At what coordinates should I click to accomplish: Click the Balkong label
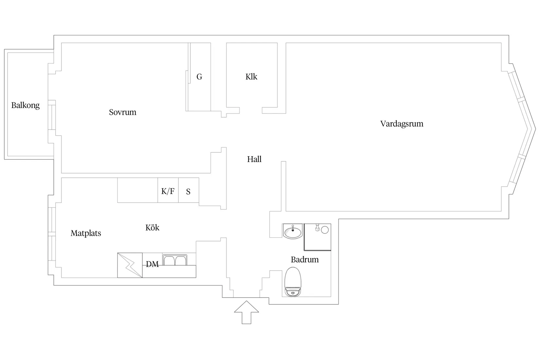[25, 105]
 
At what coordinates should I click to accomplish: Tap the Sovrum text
[122, 112]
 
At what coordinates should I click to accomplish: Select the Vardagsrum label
[402, 124]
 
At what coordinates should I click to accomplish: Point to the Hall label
[254, 159]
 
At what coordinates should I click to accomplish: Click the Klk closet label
[251, 77]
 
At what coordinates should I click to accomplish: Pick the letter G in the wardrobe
[199, 77]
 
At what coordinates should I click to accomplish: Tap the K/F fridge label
[168, 191]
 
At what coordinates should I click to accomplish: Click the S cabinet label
[188, 192]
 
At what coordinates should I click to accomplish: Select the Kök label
[152, 228]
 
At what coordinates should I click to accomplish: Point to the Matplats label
[86, 233]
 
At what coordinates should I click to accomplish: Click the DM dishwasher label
[152, 264]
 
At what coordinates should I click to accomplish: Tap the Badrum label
[305, 260]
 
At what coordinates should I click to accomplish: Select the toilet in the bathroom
[293, 282]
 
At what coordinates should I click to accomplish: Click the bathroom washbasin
[293, 232]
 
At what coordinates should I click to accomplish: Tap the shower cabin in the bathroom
[317, 238]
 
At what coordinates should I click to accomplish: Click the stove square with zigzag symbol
[130, 265]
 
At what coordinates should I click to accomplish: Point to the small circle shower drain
[325, 230]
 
